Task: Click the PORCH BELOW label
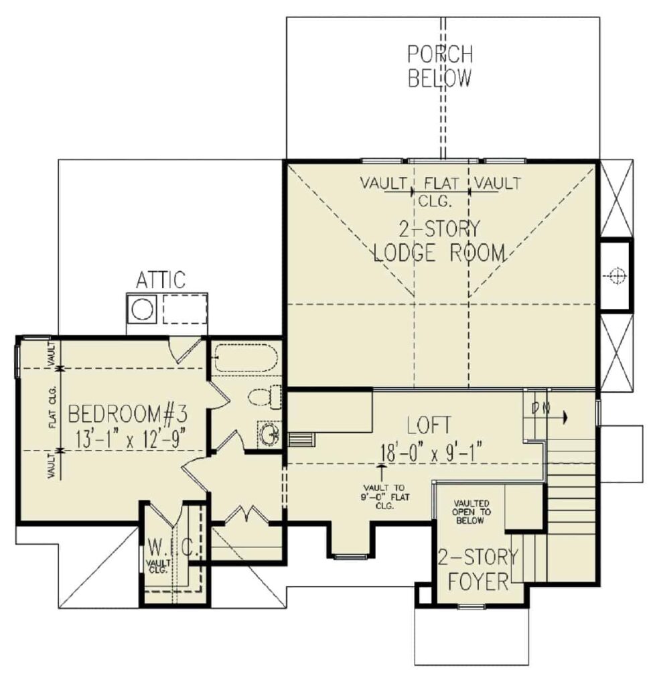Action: (x=440, y=66)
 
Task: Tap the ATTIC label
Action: (x=161, y=280)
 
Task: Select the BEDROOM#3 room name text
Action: (x=128, y=414)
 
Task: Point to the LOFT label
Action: (x=429, y=425)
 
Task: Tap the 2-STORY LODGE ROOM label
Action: (x=439, y=241)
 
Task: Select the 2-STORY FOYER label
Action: (x=478, y=569)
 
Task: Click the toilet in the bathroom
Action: (x=265, y=397)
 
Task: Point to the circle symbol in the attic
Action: (x=142, y=309)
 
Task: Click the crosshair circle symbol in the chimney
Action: (x=616, y=275)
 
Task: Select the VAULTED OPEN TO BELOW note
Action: (x=471, y=512)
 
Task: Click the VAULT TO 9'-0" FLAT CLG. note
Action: (x=384, y=496)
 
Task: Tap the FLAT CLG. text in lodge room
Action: (x=441, y=191)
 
